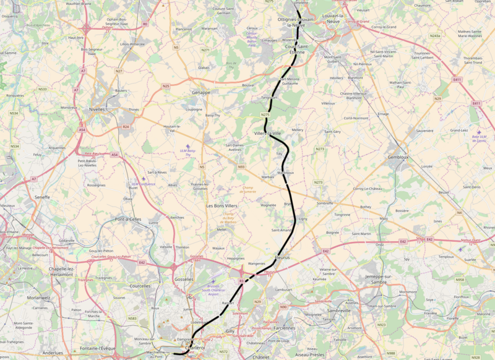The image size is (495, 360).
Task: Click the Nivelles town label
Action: [97, 109]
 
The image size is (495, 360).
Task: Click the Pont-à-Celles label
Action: [129, 220]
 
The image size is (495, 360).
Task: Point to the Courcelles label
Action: [140, 286]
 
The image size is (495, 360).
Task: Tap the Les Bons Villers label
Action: [222, 205]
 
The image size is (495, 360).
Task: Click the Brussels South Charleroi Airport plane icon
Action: [213, 281]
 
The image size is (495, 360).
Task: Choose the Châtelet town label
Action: [262, 356]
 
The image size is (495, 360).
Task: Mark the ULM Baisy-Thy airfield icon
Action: [188, 146]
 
